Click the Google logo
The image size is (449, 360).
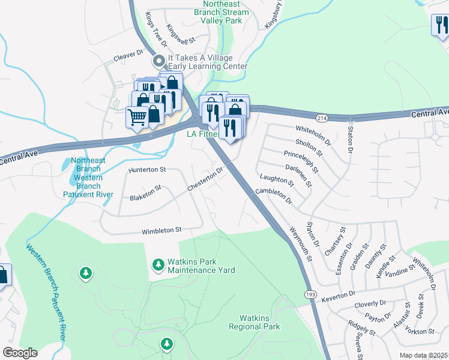click(x=20, y=353)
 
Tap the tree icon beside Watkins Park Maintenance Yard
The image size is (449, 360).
click(x=158, y=265)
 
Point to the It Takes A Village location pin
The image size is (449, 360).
click(x=159, y=61)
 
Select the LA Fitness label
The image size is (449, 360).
click(x=202, y=134)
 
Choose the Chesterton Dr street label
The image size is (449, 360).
click(x=205, y=179)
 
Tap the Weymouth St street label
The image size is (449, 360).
click(x=301, y=244)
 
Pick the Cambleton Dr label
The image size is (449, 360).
click(x=273, y=195)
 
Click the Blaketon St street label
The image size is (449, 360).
click(x=146, y=193)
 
